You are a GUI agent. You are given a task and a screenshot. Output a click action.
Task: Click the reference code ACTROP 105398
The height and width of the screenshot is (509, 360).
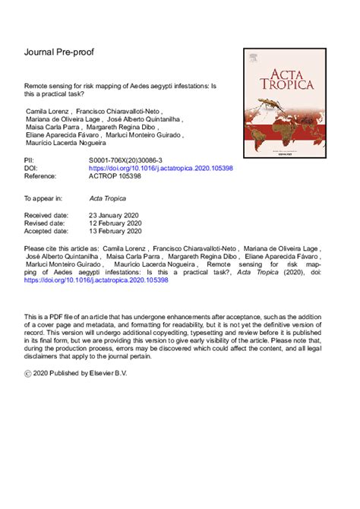point(115,175)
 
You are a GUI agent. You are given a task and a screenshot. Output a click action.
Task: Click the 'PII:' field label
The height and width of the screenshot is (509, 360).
point(31,161)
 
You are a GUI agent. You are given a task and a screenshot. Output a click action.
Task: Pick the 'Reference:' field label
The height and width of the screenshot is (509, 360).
point(43,175)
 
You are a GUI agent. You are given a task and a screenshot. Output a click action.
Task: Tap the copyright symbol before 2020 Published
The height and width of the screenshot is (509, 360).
point(30,375)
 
